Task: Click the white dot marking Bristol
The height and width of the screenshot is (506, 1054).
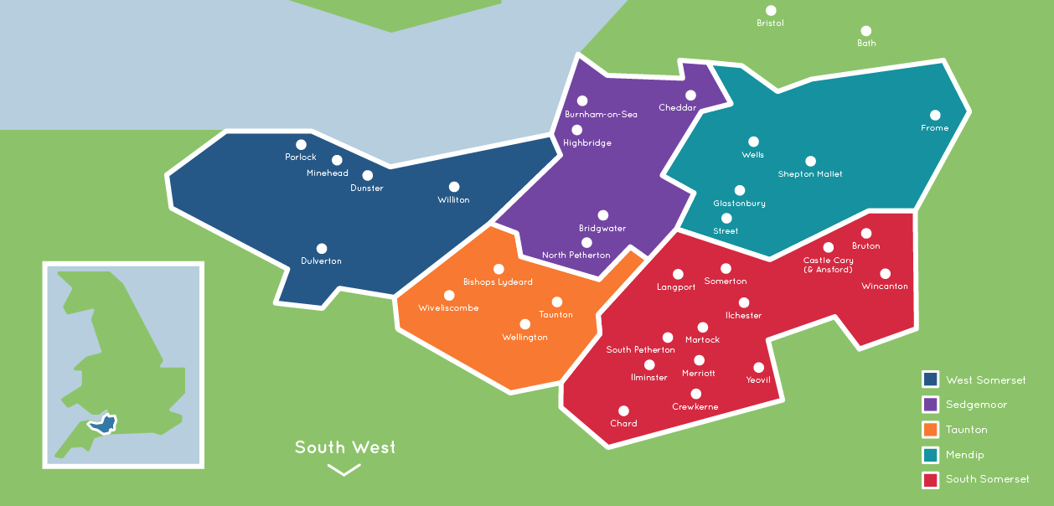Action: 771,11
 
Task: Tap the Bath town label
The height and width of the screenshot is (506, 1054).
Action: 866,43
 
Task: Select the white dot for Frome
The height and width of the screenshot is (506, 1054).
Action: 935,116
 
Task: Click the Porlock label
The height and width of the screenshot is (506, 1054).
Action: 301,157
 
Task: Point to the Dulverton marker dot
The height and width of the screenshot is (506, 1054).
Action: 322,249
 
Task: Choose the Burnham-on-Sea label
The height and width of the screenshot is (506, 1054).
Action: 601,114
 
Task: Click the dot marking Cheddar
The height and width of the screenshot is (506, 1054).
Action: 690,96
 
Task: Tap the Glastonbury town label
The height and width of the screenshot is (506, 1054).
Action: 739,204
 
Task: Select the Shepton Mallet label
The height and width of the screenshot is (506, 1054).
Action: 810,174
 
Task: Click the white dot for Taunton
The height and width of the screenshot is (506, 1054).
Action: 556,302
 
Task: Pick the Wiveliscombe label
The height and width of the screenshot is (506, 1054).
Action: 448,308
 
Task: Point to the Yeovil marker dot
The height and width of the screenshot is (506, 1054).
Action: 759,367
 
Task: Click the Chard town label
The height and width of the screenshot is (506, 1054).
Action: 623,424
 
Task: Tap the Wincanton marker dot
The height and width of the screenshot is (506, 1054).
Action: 885,274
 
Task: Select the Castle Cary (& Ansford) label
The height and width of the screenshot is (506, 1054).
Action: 828,265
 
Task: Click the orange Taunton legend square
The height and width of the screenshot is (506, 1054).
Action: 930,430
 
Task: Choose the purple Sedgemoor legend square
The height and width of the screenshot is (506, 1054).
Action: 930,405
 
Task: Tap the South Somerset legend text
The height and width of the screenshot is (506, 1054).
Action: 987,479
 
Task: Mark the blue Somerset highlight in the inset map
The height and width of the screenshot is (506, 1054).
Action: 101,424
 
